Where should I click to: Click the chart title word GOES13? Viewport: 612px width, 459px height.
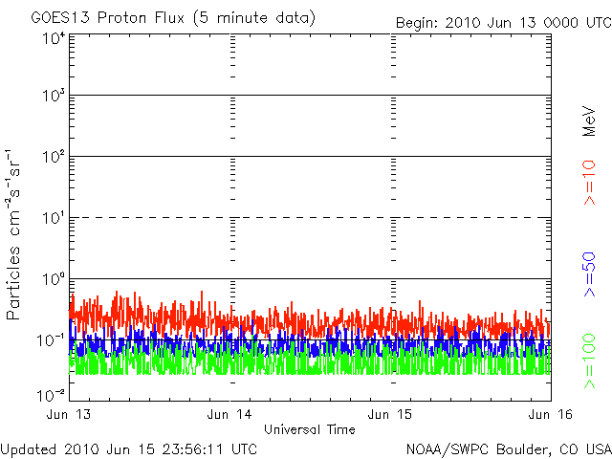[60, 18]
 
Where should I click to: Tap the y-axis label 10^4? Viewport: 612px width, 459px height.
[55, 39]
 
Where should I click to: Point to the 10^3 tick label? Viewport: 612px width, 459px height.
[55, 96]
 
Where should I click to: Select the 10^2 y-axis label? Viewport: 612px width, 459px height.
[55, 157]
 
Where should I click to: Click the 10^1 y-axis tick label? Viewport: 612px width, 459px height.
[55, 218]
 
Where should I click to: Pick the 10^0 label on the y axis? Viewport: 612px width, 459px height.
[55, 279]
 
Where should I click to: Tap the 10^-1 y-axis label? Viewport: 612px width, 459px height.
[52, 340]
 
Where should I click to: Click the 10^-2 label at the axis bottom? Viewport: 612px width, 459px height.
[52, 396]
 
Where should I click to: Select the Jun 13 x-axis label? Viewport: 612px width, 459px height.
[69, 414]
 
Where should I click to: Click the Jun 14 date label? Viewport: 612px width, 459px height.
[229, 414]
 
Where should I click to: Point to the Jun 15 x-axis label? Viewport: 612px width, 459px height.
[390, 414]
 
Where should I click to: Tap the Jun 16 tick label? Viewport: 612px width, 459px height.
[551, 414]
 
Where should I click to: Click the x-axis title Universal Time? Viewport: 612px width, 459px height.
[310, 429]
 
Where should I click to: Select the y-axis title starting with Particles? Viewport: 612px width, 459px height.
[12, 234]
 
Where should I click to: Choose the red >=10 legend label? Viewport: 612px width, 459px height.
[589, 183]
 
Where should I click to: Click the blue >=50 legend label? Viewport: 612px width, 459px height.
[589, 274]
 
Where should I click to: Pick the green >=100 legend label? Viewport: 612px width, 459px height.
[589, 361]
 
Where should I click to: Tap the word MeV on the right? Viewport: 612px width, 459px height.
[589, 121]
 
